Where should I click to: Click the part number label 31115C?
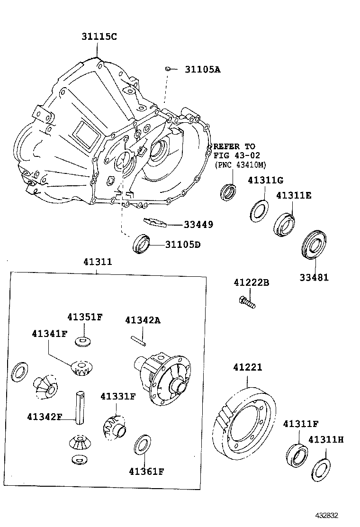(98, 36)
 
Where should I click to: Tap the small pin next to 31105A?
(168, 70)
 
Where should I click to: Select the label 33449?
(198, 224)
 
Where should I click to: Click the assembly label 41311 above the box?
(98, 261)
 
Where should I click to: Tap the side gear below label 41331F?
(114, 427)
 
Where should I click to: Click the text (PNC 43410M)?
(240, 164)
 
